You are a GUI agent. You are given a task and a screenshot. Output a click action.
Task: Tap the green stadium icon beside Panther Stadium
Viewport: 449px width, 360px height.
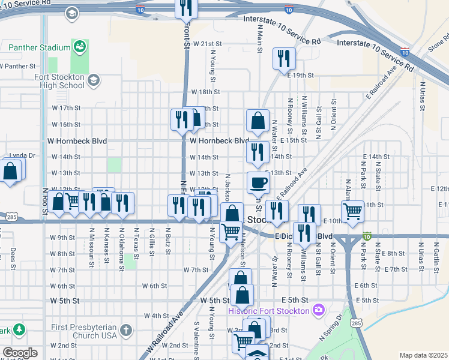pos(79,46)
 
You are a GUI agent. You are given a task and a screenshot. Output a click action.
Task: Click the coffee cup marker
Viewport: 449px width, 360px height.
pos(258,182)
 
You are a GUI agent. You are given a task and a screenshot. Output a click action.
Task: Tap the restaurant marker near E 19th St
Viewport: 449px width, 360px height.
pos(283,58)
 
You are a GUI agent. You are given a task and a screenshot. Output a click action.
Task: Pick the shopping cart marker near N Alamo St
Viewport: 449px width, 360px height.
pos(352,211)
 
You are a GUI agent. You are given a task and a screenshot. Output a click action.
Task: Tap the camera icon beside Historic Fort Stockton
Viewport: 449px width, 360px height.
pos(318,310)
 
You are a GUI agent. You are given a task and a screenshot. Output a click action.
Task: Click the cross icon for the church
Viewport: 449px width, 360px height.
pos(125,330)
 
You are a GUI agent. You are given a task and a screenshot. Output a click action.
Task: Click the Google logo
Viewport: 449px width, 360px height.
pos(20,353)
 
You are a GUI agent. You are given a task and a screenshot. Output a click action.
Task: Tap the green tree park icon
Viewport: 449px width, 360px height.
pos(19,329)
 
